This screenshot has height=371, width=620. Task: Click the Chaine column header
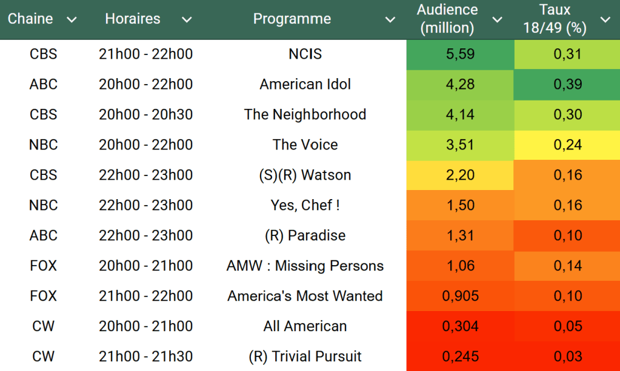point(30,19)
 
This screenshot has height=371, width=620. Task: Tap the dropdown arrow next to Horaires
point(187,20)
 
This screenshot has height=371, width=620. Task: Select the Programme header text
point(292,19)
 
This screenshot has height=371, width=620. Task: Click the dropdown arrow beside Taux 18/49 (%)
point(605,20)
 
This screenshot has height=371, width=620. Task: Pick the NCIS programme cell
point(305,54)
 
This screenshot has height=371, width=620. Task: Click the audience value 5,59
point(460,54)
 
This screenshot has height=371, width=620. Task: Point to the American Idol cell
point(305,85)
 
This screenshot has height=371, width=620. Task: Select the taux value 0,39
point(567,85)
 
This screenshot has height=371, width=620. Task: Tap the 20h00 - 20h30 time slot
point(145,115)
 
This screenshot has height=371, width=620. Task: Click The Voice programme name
point(305,145)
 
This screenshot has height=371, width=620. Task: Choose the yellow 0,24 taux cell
point(567,145)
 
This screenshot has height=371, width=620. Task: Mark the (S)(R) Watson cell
point(305,176)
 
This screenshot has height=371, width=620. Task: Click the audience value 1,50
point(460,206)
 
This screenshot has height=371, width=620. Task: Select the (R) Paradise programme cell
point(305,236)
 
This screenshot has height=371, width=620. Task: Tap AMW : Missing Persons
point(305,266)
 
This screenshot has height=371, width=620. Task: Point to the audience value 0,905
point(460,297)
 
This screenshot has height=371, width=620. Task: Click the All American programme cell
point(305,327)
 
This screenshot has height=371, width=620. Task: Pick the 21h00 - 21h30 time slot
point(145,357)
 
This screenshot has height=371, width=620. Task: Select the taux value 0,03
point(567,357)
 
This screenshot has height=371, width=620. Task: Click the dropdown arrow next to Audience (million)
point(497,20)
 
